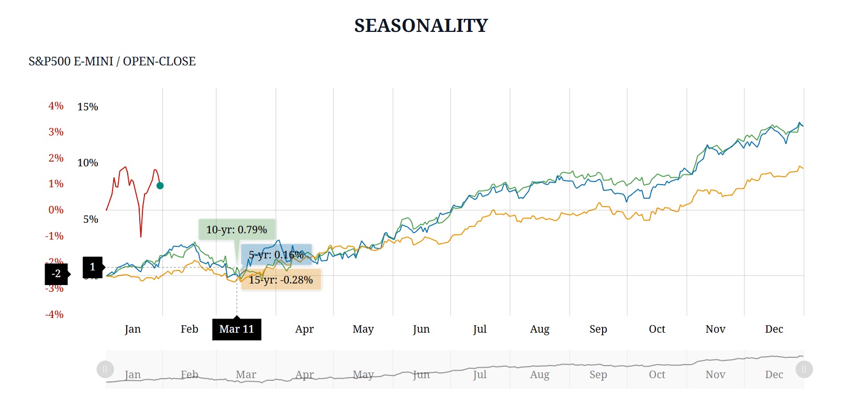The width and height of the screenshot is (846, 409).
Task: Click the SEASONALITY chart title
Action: (421, 26)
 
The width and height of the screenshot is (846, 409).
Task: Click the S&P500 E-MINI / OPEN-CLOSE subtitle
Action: (112, 61)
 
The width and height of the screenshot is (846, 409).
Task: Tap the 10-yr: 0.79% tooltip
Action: (237, 230)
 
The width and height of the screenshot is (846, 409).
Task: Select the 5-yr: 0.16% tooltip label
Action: (276, 255)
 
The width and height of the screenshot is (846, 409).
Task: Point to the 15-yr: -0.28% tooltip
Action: (281, 280)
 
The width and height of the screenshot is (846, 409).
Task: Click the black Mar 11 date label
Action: (237, 329)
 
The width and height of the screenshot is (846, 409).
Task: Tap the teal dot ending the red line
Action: (160, 186)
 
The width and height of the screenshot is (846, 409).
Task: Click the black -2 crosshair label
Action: (56, 274)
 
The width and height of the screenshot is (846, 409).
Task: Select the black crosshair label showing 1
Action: (93, 267)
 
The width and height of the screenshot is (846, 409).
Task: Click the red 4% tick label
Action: (56, 106)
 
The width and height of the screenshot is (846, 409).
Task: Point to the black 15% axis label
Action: (87, 107)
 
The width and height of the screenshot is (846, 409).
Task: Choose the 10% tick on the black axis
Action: (87, 163)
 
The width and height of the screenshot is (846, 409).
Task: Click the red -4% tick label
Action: (54, 314)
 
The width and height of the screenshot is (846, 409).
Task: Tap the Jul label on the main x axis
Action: (480, 329)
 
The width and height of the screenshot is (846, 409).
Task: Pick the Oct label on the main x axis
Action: (657, 329)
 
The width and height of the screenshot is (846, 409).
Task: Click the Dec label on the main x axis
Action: (774, 329)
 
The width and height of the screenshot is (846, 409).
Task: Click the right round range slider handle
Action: (804, 369)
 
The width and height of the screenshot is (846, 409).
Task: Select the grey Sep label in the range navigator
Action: (598, 374)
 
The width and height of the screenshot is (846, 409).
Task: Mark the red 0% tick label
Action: (56, 210)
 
